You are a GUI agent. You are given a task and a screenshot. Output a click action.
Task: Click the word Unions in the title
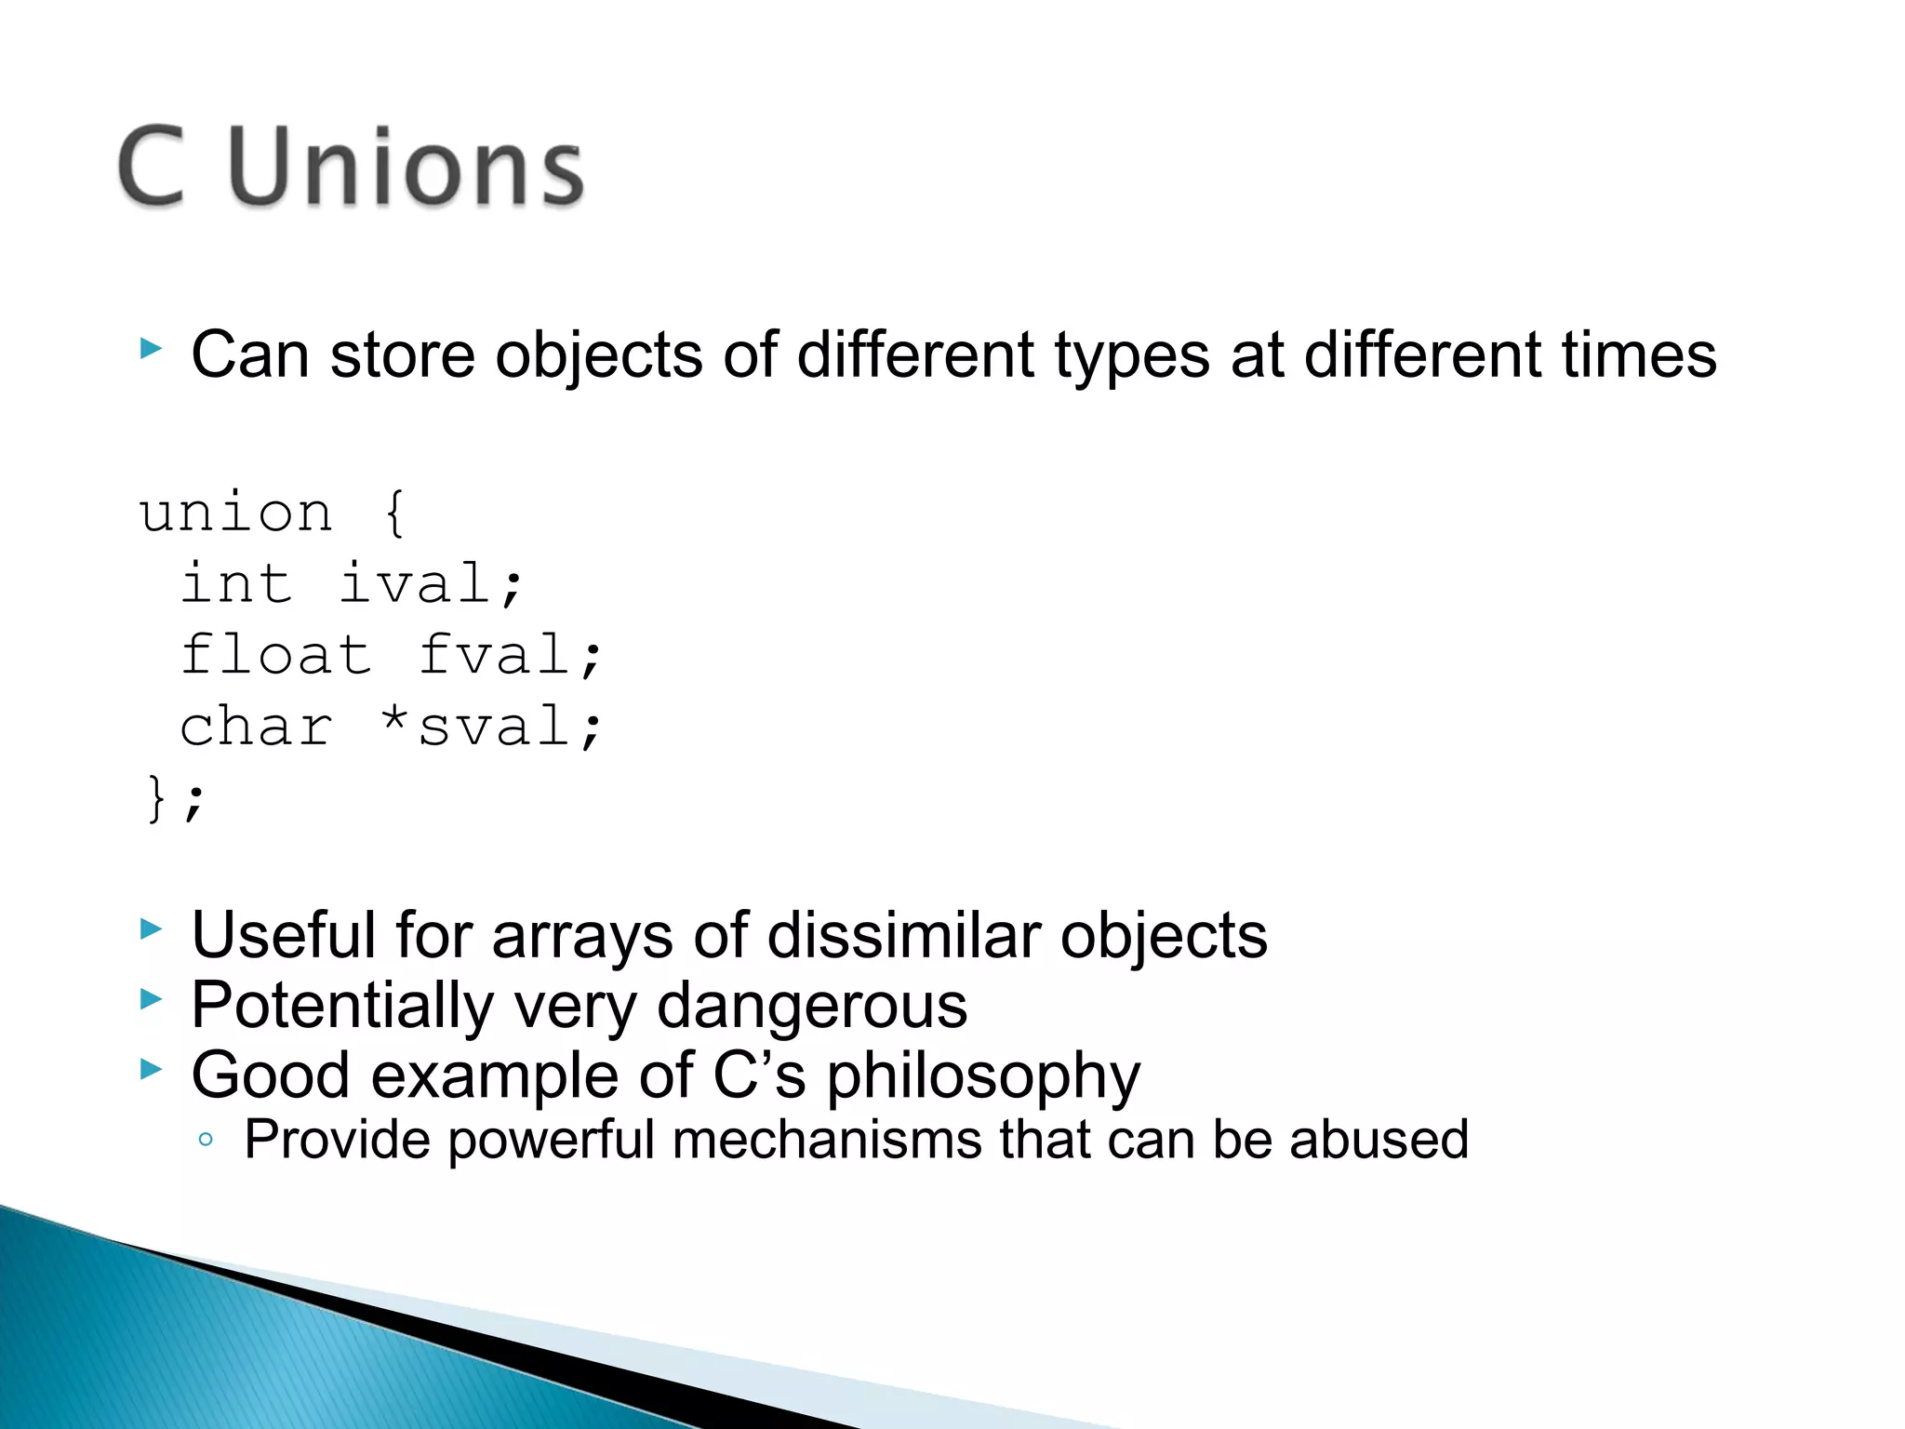point(406,167)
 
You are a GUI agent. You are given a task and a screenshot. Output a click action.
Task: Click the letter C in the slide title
point(153,167)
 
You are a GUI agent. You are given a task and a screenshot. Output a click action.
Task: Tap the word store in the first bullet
point(403,355)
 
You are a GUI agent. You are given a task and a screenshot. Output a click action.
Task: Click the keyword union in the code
point(236,514)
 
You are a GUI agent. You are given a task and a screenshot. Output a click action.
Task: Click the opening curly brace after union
point(394,514)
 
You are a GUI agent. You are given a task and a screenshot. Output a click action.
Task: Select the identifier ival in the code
point(415,584)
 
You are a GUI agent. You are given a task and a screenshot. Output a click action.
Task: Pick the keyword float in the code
point(276,655)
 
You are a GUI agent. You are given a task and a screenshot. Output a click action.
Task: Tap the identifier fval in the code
point(494,655)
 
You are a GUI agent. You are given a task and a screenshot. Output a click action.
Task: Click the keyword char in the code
point(257,727)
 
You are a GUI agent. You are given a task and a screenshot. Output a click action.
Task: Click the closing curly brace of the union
point(156,798)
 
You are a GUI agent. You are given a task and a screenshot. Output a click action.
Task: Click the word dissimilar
point(904,935)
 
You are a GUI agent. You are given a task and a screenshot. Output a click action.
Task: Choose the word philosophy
point(983,1077)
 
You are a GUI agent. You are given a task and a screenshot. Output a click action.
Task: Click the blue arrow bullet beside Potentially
point(151,1000)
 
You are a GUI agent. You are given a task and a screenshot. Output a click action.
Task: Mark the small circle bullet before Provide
point(206,1140)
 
